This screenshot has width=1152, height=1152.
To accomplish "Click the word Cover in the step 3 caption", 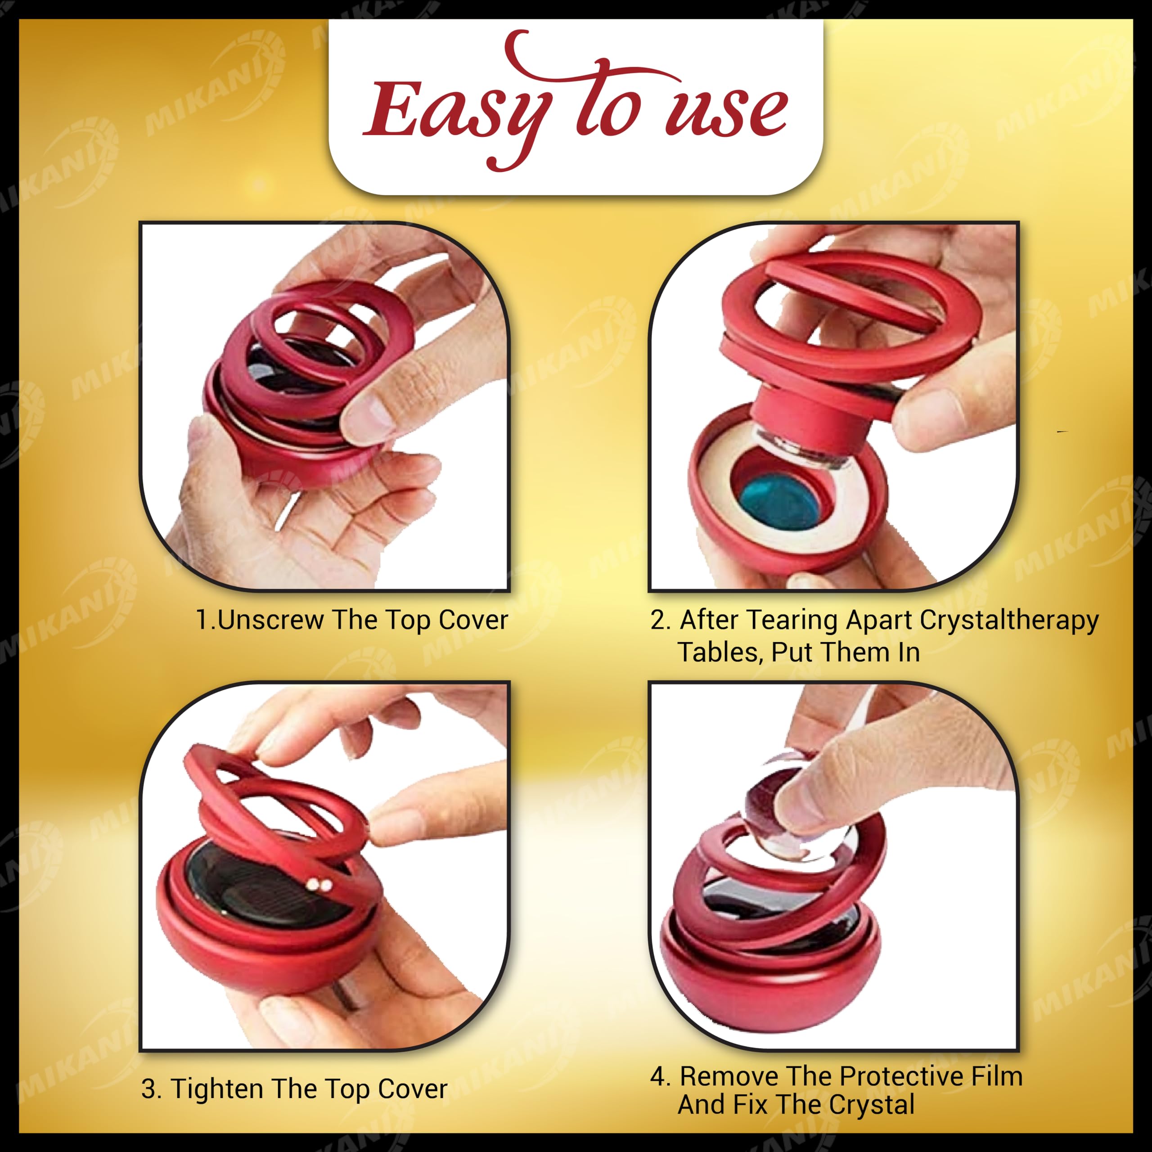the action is [x=412, y=1089].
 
